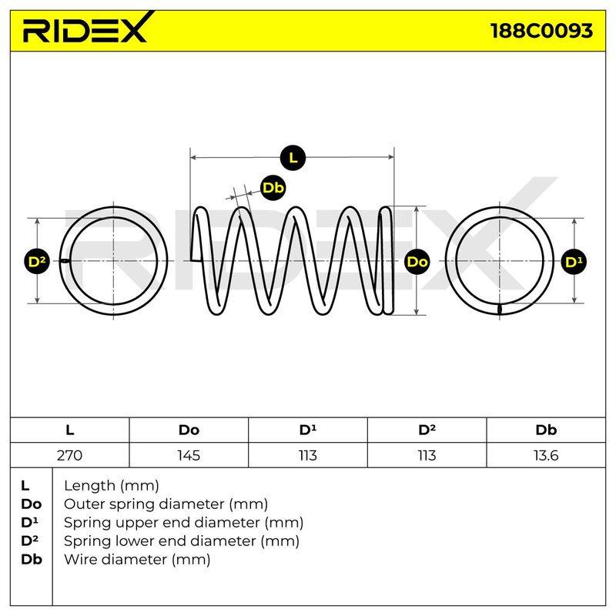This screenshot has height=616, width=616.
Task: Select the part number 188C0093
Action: tap(542, 31)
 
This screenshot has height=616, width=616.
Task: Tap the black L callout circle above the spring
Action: tap(293, 158)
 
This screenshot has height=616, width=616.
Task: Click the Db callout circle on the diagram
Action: tap(273, 188)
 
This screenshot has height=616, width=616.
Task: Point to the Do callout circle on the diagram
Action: tap(417, 262)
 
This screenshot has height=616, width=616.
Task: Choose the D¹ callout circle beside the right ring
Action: tap(574, 262)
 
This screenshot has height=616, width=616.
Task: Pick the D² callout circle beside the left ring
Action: tap(37, 262)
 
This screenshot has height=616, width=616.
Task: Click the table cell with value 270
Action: tap(69, 455)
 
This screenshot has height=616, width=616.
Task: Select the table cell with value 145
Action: tap(189, 455)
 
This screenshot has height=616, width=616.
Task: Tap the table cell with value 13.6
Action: tap(546, 455)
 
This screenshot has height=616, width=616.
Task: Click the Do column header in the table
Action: tap(189, 430)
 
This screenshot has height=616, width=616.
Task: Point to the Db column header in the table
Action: tap(546, 430)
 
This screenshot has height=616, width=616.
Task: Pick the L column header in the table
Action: tap(69, 430)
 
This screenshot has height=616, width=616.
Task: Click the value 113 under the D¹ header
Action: tap(307, 455)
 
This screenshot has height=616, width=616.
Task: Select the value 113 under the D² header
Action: tap(427, 455)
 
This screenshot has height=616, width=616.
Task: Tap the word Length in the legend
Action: tap(89, 487)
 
